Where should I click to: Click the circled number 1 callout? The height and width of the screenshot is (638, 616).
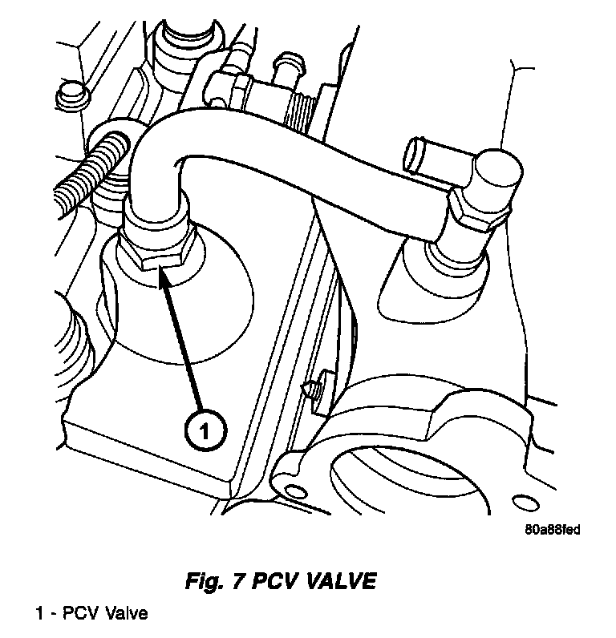(205, 431)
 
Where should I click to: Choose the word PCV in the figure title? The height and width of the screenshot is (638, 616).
(272, 581)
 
